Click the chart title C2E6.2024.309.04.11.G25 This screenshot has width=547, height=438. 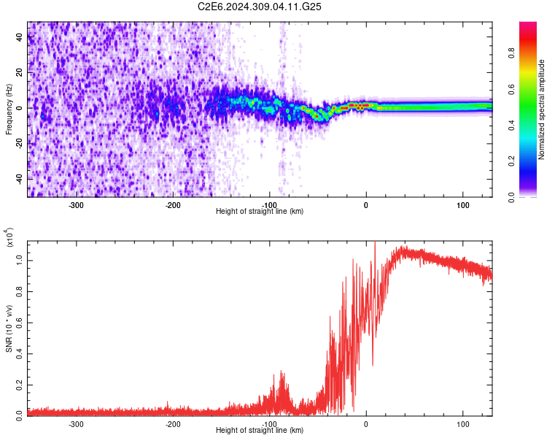[260, 7]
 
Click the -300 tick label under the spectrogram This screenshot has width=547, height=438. [77, 204]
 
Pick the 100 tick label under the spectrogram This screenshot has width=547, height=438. [462, 204]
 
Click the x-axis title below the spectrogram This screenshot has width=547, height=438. [260, 212]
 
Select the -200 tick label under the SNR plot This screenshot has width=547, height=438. [173, 423]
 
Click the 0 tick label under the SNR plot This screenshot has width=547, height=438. [366, 423]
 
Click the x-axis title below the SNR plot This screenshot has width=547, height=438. [260, 431]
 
